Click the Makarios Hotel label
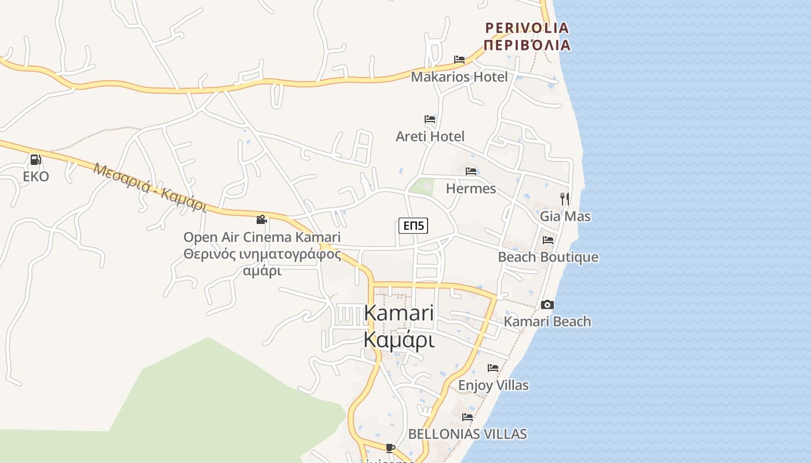click(459, 76)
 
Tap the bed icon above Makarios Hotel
click(459, 59)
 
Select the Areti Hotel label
click(430, 137)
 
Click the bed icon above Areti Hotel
click(430, 119)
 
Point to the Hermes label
click(470, 189)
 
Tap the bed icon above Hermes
click(471, 171)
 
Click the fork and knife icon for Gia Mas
click(565, 199)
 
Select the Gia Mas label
click(565, 216)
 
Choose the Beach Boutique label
click(548, 257)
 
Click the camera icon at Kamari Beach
click(547, 304)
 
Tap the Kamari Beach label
click(547, 321)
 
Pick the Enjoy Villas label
click(493, 385)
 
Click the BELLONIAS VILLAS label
click(467, 433)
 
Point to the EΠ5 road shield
click(413, 226)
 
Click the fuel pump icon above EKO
click(35, 159)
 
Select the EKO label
click(36, 176)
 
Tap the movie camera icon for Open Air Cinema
click(262, 219)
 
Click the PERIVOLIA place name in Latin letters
click(527, 28)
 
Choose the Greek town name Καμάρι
click(399, 340)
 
